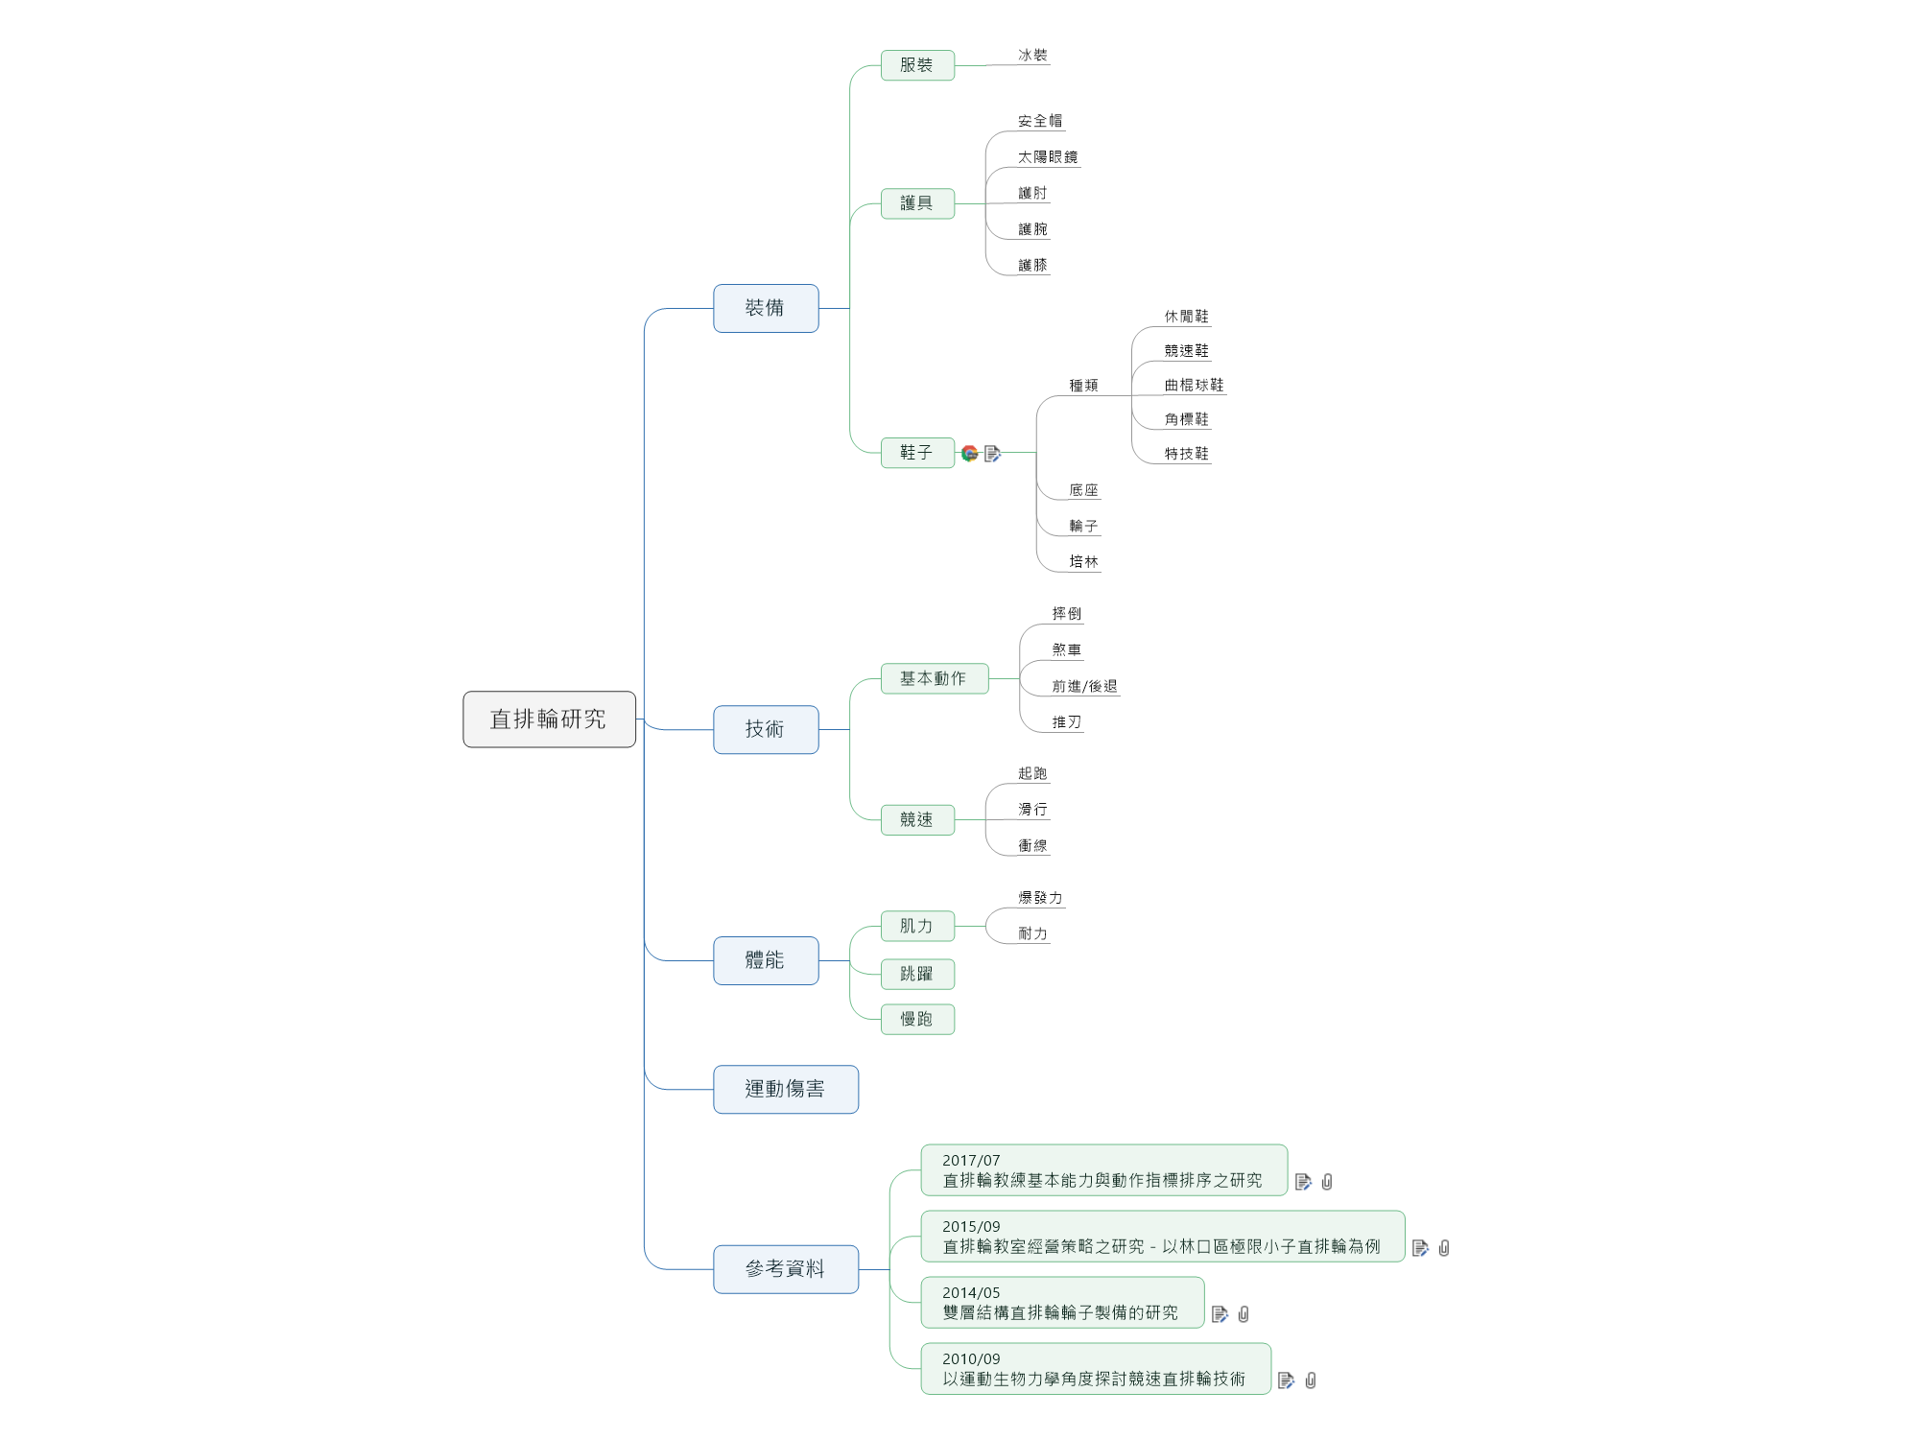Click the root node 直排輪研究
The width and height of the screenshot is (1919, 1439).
pos(549,719)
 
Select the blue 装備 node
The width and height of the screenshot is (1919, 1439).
pos(766,308)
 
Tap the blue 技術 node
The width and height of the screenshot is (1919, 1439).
pos(766,729)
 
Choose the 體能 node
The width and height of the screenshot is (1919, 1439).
pos(766,960)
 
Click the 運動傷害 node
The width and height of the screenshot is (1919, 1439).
pos(785,1089)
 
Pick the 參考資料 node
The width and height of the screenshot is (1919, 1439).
pos(785,1269)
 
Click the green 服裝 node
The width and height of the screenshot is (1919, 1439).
pos(917,65)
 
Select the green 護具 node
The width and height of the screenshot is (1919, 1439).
pos(917,203)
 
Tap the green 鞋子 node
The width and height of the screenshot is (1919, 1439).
pos(917,452)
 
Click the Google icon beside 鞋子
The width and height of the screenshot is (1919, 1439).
pos(970,453)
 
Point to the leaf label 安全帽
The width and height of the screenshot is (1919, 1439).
pos(1040,121)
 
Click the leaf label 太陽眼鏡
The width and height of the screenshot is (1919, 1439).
pos(1048,157)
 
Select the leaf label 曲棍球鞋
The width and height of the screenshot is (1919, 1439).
pos(1194,385)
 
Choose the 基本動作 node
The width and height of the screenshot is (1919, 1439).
pos(934,678)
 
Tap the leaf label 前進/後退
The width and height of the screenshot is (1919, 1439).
pos(1084,686)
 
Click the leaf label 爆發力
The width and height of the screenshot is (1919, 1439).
pos(1040,898)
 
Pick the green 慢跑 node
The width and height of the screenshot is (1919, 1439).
pos(917,1019)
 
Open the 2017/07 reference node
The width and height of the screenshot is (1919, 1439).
pos(1103,1170)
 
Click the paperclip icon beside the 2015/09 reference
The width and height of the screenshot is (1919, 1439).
pos(1444,1248)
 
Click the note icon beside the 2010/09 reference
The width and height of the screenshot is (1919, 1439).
pos(1287,1380)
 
